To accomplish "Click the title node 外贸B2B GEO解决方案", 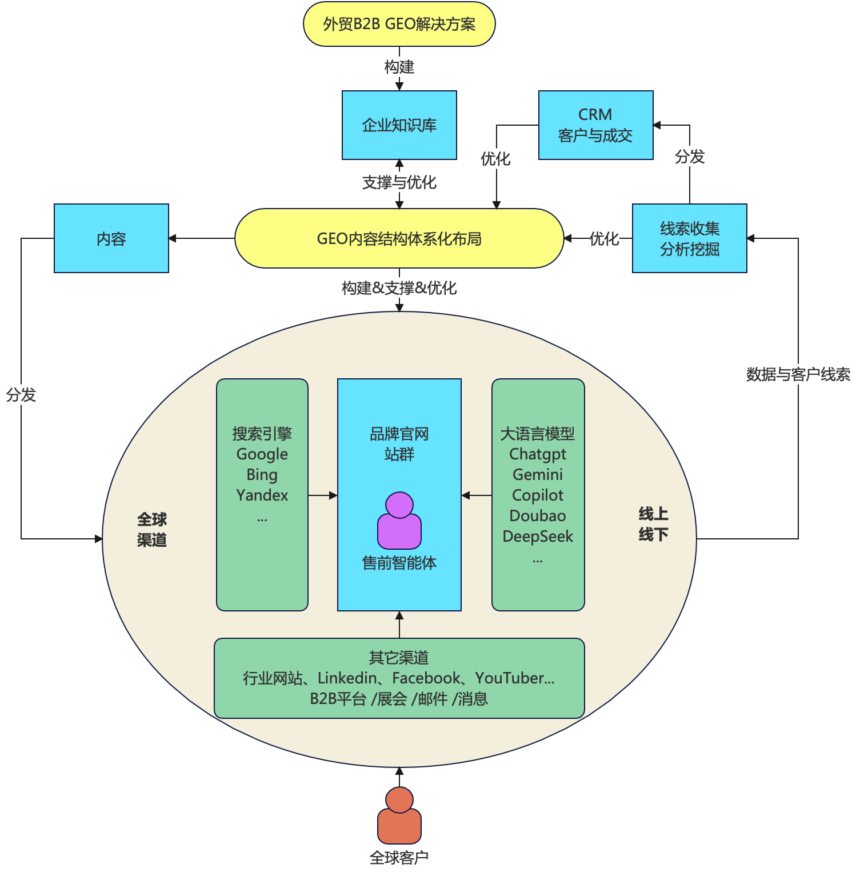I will [x=399, y=24].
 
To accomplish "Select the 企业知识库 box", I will [x=399, y=125].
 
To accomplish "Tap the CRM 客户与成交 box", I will [x=595, y=125].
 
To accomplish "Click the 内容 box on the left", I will [x=111, y=238].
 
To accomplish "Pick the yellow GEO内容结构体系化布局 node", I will [x=399, y=238].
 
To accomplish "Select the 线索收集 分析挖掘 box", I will [x=689, y=238].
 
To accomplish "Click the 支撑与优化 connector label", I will [x=399, y=182].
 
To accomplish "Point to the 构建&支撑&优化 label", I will [x=399, y=288].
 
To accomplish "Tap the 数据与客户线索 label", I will [x=798, y=374].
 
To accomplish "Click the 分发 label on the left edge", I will [x=21, y=395].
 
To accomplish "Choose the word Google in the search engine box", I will [x=262, y=454].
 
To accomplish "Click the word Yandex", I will [x=262, y=495].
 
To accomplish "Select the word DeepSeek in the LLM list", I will [x=538, y=537].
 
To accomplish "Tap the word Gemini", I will [x=538, y=475].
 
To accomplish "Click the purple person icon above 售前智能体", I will [x=399, y=521].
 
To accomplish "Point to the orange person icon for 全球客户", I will [x=399, y=816].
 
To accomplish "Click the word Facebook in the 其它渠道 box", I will [x=426, y=678].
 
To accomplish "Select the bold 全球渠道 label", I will [x=151, y=530].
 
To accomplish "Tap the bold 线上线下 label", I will [x=653, y=524].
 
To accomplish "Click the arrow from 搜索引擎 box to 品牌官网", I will [x=322, y=495].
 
